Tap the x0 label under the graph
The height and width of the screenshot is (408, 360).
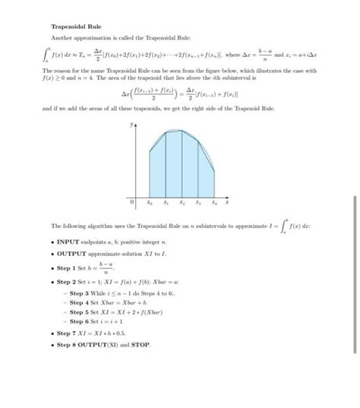tap(149, 204)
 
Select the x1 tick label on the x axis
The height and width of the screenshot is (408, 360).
tap(166, 204)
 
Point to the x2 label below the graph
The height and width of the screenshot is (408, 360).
tap(182, 204)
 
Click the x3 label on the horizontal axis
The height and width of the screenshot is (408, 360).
tap(198, 204)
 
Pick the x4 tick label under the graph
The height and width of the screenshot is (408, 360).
tap(214, 204)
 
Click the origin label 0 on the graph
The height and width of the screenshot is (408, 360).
tap(131, 204)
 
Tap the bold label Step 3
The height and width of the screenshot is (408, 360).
tap(77, 293)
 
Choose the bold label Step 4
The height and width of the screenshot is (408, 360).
tap(77, 302)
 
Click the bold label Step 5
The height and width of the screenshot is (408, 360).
tap(77, 312)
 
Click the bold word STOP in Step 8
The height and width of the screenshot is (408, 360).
tap(141, 345)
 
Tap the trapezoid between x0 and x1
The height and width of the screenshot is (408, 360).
tap(157, 171)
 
